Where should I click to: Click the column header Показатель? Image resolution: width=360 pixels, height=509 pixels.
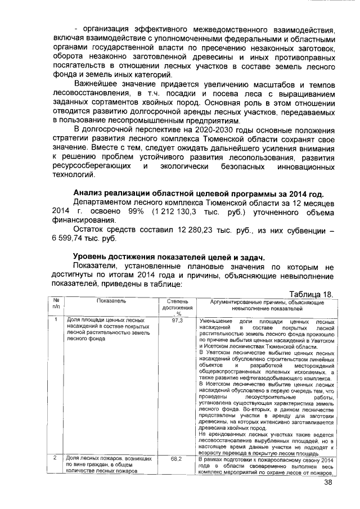coord(107,302)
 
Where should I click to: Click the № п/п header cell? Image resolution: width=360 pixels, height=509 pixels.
coord(56,305)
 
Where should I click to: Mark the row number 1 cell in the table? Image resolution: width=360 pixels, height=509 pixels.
coord(56,321)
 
